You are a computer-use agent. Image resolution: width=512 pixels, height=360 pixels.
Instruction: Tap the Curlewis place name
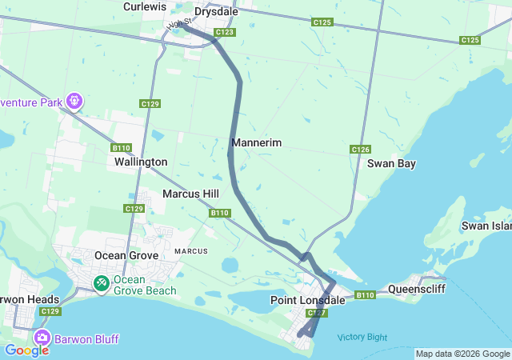click(x=144, y=6)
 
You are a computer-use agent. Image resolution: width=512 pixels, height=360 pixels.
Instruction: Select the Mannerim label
click(x=256, y=142)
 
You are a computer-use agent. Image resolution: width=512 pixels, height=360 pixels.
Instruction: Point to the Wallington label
click(x=141, y=162)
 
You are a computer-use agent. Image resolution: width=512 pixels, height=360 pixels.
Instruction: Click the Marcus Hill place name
click(x=190, y=194)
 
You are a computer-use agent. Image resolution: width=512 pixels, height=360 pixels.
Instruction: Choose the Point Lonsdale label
click(x=307, y=300)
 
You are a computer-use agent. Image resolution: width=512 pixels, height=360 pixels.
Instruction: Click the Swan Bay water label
click(x=391, y=163)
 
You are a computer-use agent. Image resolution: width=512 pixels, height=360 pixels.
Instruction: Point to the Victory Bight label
click(x=362, y=337)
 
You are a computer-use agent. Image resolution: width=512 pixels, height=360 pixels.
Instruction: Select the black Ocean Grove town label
click(x=122, y=255)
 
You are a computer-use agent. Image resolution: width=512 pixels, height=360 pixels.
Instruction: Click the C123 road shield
click(x=225, y=32)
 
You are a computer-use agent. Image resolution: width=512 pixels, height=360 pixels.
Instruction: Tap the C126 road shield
click(x=360, y=150)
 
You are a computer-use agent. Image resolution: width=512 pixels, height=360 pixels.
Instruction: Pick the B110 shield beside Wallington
click(x=122, y=148)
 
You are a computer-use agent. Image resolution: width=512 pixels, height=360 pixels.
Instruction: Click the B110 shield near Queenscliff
click(x=365, y=295)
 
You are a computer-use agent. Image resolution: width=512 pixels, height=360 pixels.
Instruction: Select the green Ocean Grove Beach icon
click(x=102, y=283)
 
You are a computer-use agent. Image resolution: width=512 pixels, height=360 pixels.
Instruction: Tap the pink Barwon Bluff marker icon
click(x=42, y=338)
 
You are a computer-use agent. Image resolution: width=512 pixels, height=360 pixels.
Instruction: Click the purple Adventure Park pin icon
click(x=74, y=101)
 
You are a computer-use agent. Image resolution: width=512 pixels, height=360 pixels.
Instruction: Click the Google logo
click(x=26, y=350)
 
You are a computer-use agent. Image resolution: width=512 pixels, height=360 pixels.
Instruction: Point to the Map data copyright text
click(x=462, y=354)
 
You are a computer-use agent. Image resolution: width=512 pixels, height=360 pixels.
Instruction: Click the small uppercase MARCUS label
click(x=191, y=251)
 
